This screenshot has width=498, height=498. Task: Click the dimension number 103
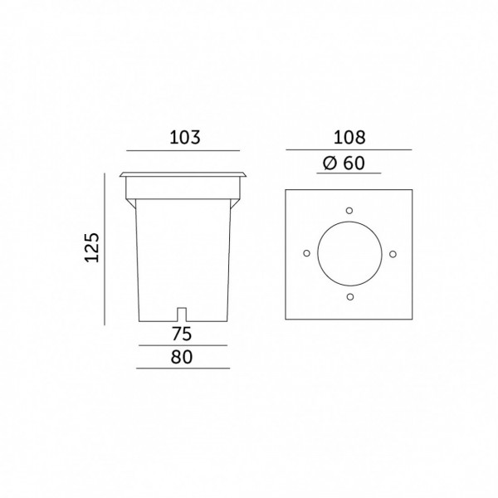tap(185, 138)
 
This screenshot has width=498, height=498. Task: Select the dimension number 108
tap(349, 138)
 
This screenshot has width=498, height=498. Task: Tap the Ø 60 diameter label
tap(344, 164)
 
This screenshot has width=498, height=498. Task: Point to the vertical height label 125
tap(92, 247)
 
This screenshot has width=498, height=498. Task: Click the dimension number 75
tap(182, 334)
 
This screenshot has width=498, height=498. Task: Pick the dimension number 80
tap(182, 357)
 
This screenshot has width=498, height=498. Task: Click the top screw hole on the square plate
tap(349, 211)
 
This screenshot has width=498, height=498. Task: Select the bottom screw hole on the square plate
tap(350, 297)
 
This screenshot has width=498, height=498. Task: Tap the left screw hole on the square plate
tap(307, 253)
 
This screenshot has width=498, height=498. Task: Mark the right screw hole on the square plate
tap(393, 254)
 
